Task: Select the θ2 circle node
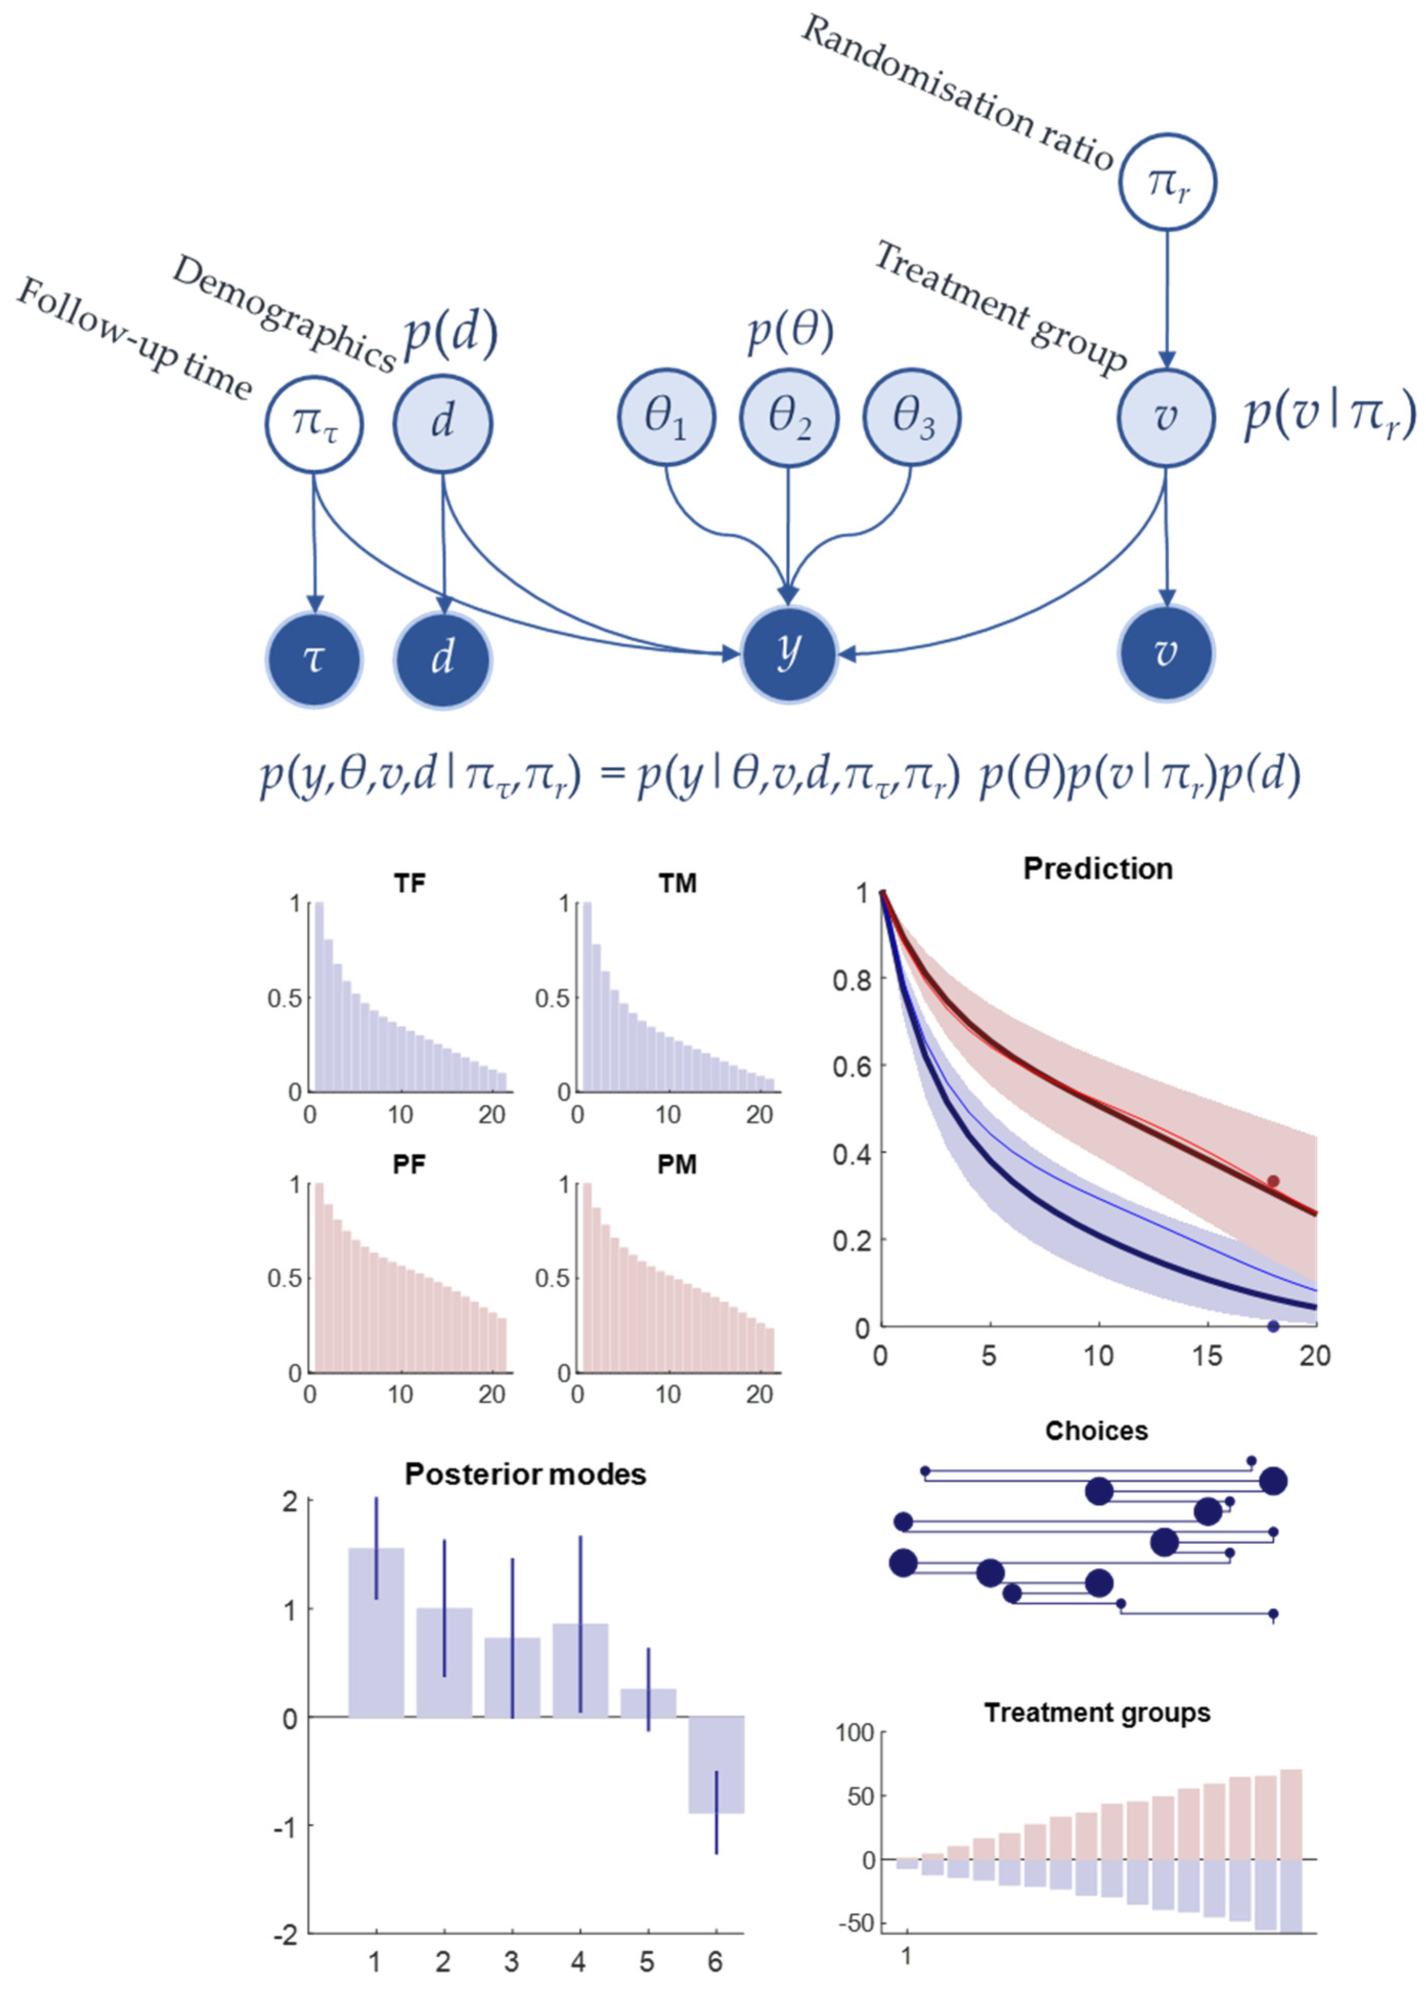pyautogui.click(x=788, y=417)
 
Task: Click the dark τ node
pyautogui.click(x=314, y=658)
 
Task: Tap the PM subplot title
pyautogui.click(x=677, y=1165)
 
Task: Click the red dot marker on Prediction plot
pyautogui.click(x=1273, y=1182)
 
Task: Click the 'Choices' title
pyautogui.click(x=1096, y=1431)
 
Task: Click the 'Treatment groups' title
pyautogui.click(x=1097, y=1713)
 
